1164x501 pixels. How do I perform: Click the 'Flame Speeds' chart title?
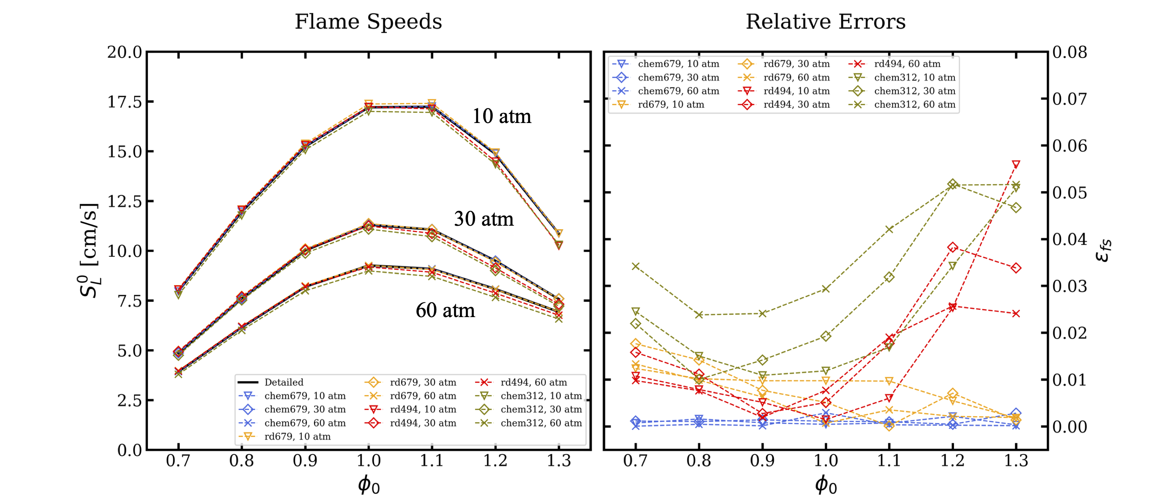[368, 21]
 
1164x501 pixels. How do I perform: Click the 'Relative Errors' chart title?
[825, 21]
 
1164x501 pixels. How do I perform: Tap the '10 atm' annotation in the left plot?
[502, 116]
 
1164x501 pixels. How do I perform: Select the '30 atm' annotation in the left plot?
[484, 219]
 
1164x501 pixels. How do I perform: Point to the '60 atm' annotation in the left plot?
[445, 310]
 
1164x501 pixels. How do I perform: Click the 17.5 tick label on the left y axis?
[124, 102]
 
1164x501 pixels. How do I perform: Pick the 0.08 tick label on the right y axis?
[1069, 52]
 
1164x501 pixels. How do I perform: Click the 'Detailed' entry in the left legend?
[284, 382]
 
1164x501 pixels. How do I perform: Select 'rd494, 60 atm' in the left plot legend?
[533, 382]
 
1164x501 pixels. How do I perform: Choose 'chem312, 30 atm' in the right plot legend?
[915, 91]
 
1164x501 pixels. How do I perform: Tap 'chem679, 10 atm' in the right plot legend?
[678, 64]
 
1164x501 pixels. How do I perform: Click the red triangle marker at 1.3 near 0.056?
[1016, 164]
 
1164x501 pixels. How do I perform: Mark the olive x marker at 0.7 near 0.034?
[636, 266]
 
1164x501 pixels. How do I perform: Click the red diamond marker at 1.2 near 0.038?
[953, 247]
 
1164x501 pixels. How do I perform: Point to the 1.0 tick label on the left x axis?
[369, 461]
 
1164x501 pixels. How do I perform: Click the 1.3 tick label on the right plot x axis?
[1016, 461]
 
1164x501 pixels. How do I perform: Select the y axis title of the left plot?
[89, 251]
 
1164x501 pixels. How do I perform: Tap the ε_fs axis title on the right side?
[1103, 251]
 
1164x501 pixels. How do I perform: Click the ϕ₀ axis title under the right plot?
[825, 485]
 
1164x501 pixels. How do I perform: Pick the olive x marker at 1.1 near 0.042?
[889, 229]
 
